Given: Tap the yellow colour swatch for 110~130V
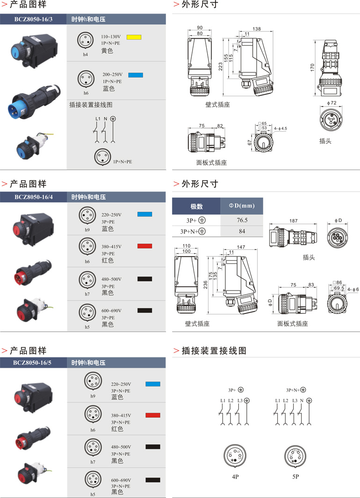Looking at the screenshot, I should coord(134,36).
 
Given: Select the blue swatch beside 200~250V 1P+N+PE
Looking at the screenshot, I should coord(136,75).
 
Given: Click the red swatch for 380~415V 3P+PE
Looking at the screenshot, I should coord(144,246).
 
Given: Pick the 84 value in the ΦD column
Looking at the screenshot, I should coord(242,231).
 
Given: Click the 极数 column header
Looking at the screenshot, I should coord(196,206).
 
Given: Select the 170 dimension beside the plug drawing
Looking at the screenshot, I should coord(312,68).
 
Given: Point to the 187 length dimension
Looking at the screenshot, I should coord(293,221).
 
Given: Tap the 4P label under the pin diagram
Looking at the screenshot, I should coord(235,477).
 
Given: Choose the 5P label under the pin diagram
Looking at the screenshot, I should coord(295,477).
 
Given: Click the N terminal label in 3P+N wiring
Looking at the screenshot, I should coord(302,401).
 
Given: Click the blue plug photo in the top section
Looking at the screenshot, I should coord(30,101).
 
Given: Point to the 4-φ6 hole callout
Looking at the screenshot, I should coord(353,290).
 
